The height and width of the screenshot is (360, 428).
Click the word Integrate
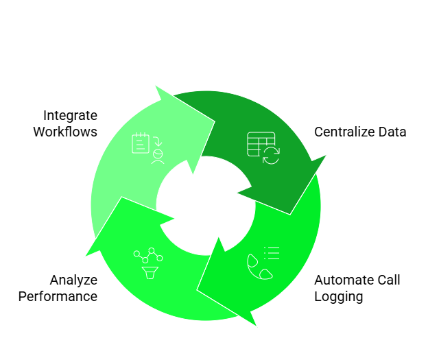[70, 115]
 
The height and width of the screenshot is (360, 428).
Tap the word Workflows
[65, 132]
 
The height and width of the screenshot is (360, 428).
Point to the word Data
[392, 132]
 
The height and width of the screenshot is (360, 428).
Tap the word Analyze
[73, 280]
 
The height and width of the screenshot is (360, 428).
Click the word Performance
[58, 296]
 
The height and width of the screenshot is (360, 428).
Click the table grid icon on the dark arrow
[260, 144]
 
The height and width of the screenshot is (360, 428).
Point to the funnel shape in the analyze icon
[149, 273]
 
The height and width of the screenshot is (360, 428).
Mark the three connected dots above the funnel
[148, 256]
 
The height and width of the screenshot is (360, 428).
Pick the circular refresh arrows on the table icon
[272, 155]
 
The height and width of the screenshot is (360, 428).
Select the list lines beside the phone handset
[272, 252]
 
